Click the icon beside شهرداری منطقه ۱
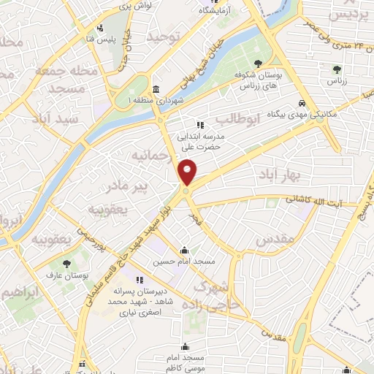coord(157,88)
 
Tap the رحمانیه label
coord(151,156)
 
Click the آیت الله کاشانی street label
coord(316,199)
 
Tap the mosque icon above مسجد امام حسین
coord(186,248)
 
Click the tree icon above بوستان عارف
coord(67,264)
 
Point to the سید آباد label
coord(49,118)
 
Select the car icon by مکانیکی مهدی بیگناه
coord(301,103)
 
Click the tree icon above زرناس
coord(337,70)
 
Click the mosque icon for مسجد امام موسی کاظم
coord(186,346)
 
